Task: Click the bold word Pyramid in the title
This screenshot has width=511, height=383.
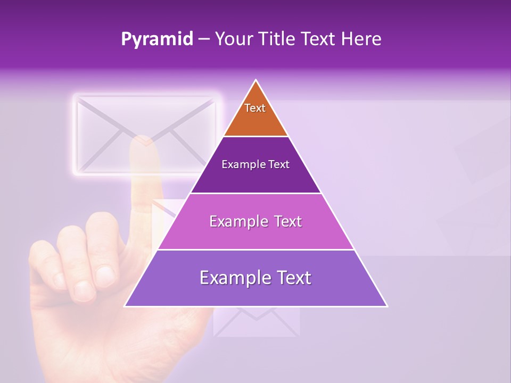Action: click(x=156, y=39)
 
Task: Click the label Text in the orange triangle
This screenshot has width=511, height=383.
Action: click(x=255, y=108)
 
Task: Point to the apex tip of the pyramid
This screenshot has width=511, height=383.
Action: click(x=256, y=81)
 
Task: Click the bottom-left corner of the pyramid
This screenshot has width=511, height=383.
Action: click(x=126, y=306)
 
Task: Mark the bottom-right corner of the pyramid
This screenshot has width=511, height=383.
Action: click(x=386, y=306)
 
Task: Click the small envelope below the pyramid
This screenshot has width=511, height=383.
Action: click(x=256, y=322)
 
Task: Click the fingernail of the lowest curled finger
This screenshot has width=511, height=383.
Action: click(x=84, y=290)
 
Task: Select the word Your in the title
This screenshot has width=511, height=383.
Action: click(x=234, y=39)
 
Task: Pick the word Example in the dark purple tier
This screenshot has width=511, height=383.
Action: click(x=240, y=165)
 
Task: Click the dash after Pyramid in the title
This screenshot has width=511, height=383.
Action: click(x=204, y=39)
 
